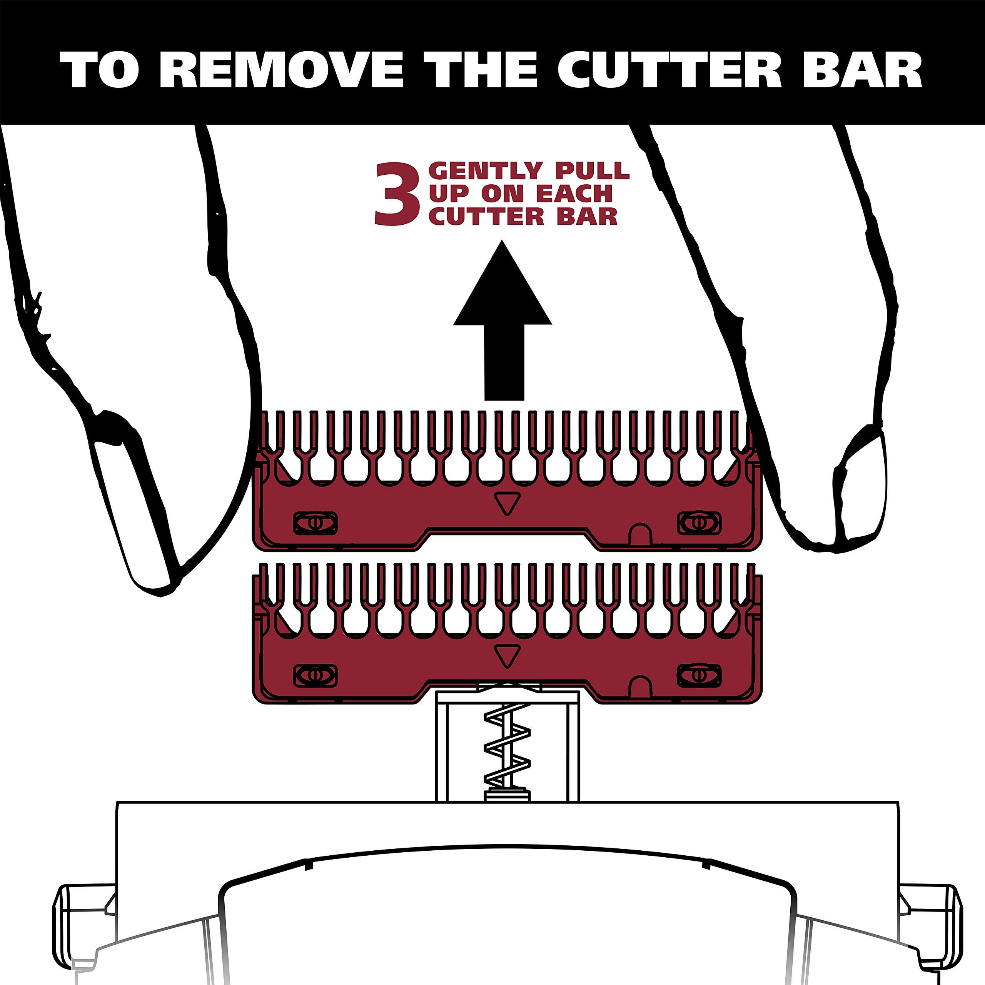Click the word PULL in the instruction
[588, 171]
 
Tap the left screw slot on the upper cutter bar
[316, 524]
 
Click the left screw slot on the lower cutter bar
[316, 676]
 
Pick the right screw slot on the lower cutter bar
[698, 676]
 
